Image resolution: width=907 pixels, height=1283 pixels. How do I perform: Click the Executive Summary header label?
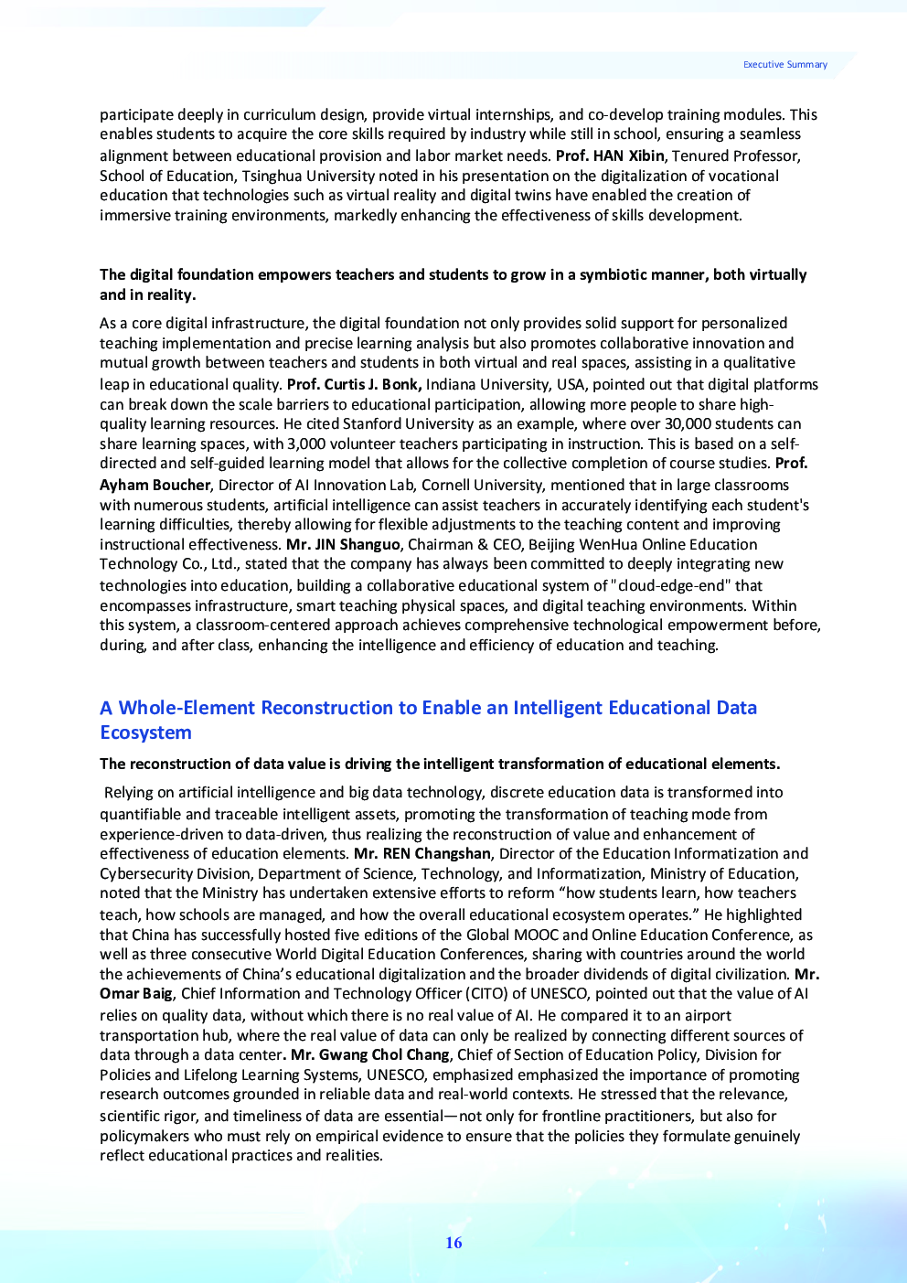[784, 65]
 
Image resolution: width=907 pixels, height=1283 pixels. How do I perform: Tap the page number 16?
[453, 1243]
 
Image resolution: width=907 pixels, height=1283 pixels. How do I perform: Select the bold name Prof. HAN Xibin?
[610, 155]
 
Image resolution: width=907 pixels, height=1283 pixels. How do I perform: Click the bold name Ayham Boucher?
[155, 485]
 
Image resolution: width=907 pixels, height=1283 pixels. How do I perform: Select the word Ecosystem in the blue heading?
[145, 732]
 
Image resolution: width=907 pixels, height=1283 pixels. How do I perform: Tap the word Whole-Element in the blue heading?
[187, 708]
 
